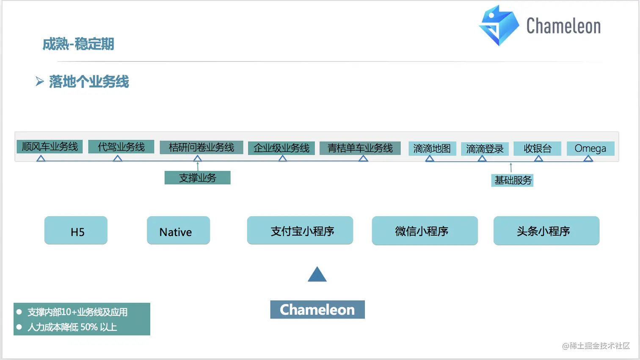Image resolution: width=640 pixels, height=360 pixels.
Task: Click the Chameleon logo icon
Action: pos(499,25)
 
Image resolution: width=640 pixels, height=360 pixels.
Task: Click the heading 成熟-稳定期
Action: pos(78,44)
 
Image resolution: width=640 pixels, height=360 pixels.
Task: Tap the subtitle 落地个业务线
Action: pos(89,82)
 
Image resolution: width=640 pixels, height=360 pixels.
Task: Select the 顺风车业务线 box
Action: pos(50,147)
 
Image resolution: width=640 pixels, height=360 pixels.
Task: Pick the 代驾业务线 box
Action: pos(121,147)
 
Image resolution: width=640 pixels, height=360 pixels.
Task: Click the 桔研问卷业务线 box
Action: pos(201,147)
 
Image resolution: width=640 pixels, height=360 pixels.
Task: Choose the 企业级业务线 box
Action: pos(281,148)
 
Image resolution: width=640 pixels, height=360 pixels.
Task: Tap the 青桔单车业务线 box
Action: pos(360,148)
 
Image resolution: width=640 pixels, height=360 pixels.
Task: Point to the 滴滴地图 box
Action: pos(432,148)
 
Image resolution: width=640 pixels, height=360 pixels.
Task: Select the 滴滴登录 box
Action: pos(485,149)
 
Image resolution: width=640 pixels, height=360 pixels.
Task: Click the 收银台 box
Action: pos(538,148)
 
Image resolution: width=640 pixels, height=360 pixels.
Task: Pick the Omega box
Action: pos(590,148)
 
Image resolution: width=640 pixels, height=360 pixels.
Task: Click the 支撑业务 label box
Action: pos(198,178)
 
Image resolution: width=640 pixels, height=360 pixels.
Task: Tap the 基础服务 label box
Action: pos(513,180)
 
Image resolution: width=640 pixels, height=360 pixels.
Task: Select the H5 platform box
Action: pos(76,231)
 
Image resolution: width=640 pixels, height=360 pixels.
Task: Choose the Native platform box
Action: pos(179,231)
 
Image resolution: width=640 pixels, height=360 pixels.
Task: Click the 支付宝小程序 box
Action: pos(300,231)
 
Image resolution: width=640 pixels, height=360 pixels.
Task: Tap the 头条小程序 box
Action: pos(546,231)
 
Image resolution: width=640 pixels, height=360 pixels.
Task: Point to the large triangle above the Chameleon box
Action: pos(317,275)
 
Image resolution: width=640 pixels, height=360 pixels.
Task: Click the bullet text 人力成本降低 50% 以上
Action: pos(72,327)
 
